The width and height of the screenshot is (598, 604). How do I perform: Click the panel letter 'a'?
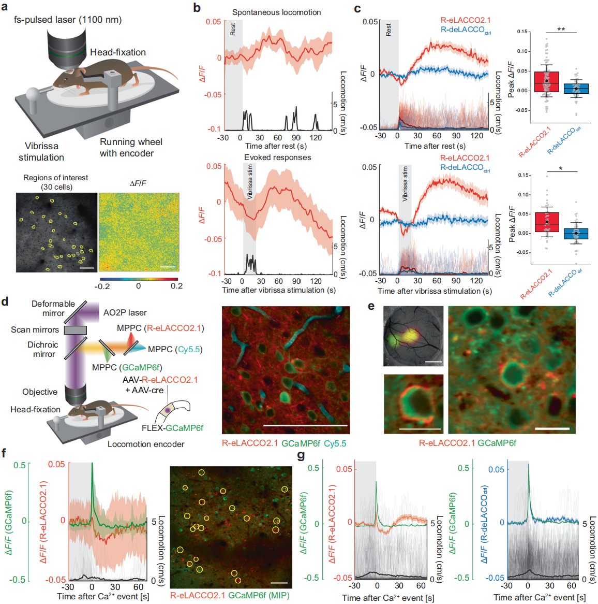click(5, 8)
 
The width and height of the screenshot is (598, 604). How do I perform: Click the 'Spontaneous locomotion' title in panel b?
click(276, 12)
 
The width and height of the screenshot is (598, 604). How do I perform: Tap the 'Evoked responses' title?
click(278, 157)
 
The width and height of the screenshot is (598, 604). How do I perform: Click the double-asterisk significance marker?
click(561, 30)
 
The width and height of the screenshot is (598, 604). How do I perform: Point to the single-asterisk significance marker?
click(561, 169)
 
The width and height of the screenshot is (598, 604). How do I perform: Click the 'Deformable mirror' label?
click(53, 308)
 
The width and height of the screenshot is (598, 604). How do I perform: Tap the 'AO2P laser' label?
click(125, 312)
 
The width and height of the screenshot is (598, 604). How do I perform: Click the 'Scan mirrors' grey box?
click(75, 330)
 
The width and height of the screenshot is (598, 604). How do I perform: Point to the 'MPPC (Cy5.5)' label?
click(175, 349)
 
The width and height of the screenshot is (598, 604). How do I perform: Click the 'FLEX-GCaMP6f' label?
click(172, 428)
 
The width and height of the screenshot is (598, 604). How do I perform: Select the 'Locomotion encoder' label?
click(146, 444)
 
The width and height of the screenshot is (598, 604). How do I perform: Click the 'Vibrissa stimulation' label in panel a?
click(41, 152)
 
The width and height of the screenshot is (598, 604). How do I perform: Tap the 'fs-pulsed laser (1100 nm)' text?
click(68, 20)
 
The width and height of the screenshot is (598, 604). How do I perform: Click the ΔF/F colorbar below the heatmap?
click(138, 278)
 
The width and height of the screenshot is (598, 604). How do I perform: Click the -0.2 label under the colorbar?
click(102, 286)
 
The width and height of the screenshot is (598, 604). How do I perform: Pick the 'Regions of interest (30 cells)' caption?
click(56, 182)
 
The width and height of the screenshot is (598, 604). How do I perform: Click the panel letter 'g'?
click(301, 455)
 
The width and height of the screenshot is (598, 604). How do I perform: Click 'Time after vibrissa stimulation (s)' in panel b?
click(279, 290)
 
